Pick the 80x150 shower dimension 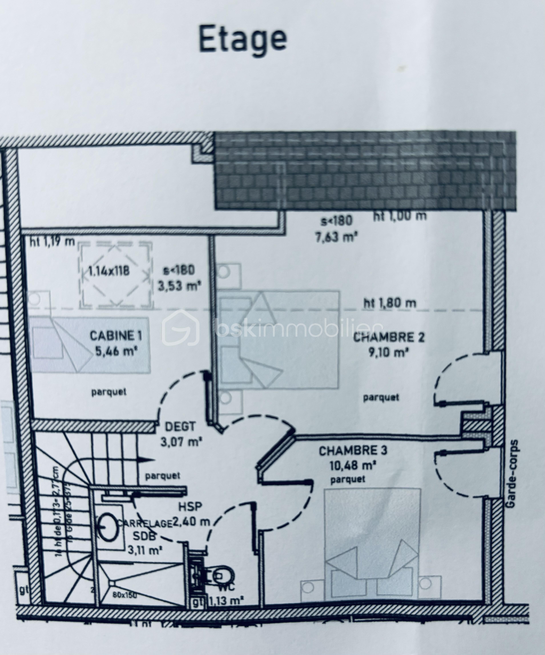125,595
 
